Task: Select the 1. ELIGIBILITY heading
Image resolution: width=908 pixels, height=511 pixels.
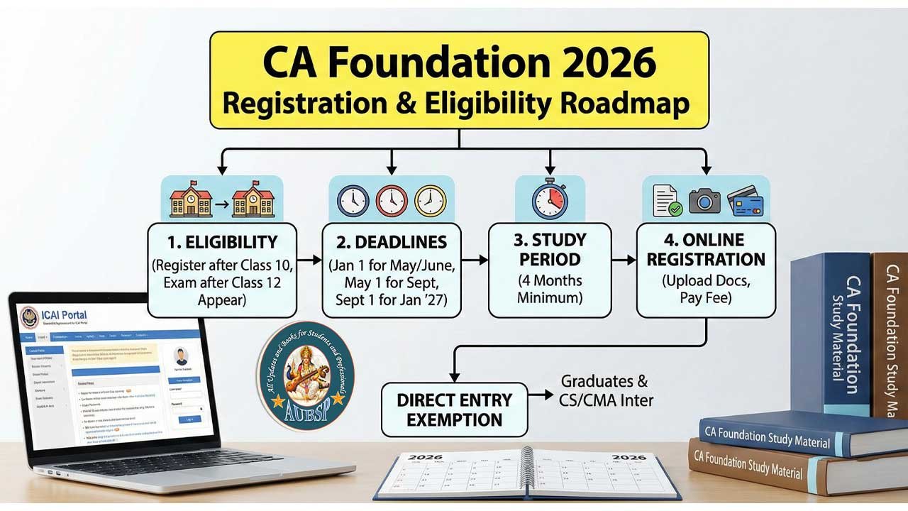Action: [222, 241]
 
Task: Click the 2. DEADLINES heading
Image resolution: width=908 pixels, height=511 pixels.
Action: [391, 242]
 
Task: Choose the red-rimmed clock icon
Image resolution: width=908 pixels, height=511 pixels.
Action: [391, 200]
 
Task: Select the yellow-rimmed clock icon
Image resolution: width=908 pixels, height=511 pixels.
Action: [430, 200]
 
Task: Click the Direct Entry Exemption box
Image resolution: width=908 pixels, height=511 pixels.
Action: [454, 410]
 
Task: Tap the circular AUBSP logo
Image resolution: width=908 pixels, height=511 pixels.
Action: [306, 374]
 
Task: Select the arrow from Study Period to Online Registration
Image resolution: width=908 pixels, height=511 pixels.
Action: [624, 260]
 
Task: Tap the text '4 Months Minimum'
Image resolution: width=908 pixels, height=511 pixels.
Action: [550, 289]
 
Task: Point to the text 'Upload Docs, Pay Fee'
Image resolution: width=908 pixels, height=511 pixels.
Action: [706, 289]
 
